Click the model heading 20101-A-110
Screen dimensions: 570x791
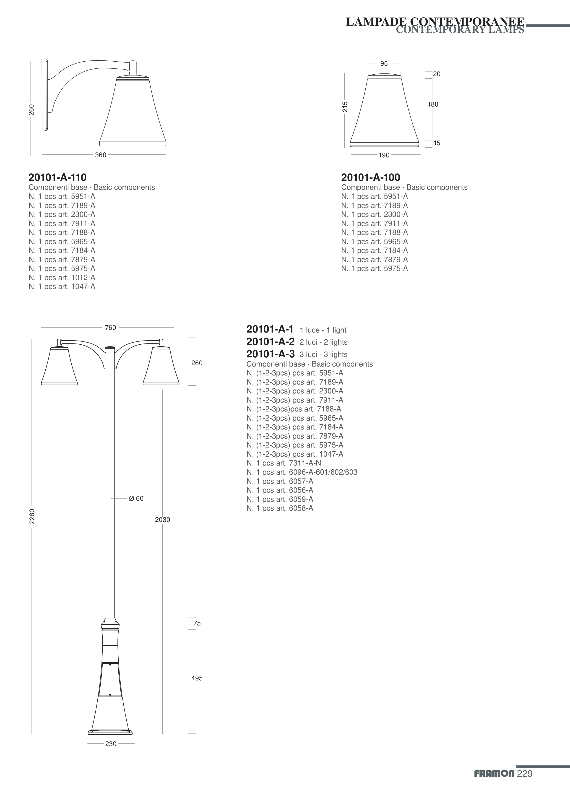(57, 177)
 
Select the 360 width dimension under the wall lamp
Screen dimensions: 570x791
(101, 155)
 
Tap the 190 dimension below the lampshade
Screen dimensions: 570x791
(384, 155)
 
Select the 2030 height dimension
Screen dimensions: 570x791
(163, 520)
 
